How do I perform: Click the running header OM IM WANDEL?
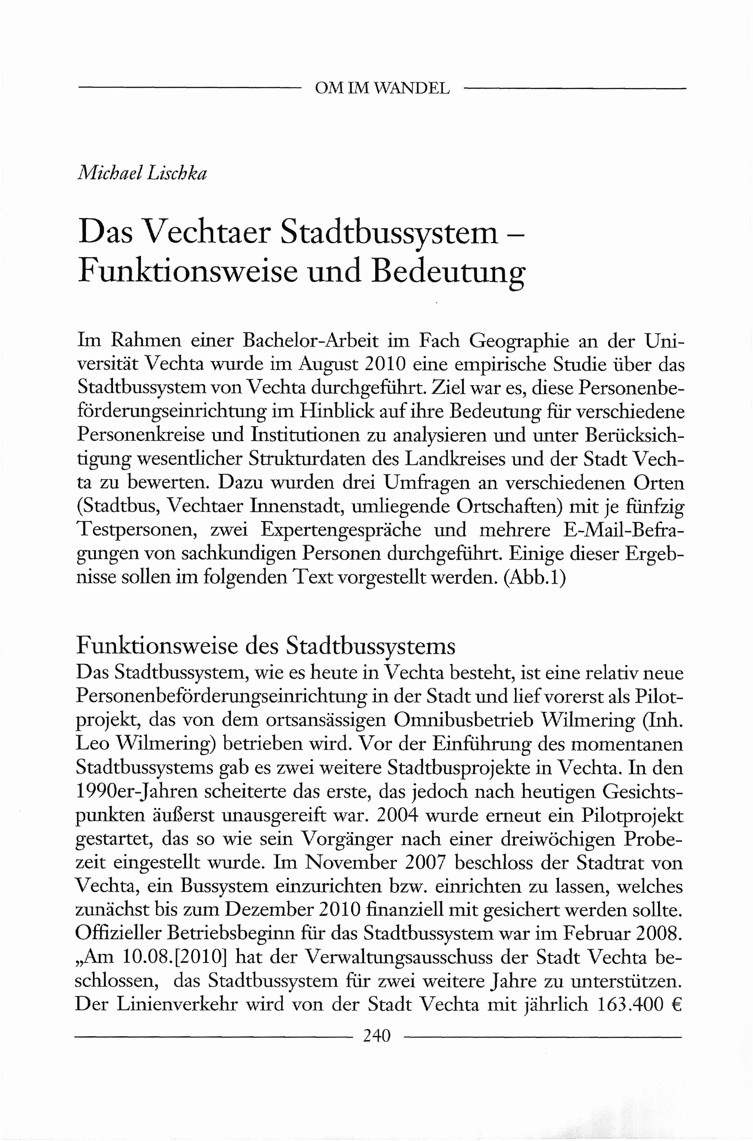pos(382,88)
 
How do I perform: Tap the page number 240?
pos(377,1036)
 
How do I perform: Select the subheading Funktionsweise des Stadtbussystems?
pos(265,646)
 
